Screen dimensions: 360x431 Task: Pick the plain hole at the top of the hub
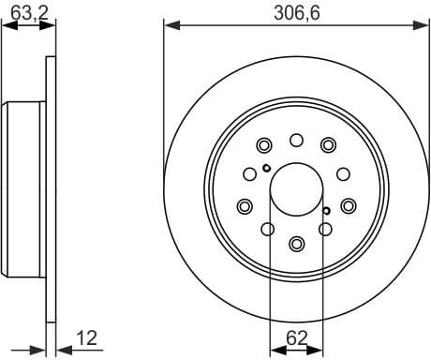(296, 141)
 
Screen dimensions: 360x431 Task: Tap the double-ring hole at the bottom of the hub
(296, 243)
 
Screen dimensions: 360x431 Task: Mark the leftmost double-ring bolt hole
(245, 206)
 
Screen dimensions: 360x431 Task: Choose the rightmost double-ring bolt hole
(348, 206)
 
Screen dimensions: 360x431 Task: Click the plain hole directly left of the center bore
(249, 173)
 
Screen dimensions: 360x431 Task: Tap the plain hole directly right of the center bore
(343, 173)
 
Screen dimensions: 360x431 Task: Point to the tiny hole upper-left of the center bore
(267, 169)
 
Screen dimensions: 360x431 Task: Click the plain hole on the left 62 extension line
(267, 231)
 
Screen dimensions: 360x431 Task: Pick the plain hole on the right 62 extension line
(325, 231)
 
